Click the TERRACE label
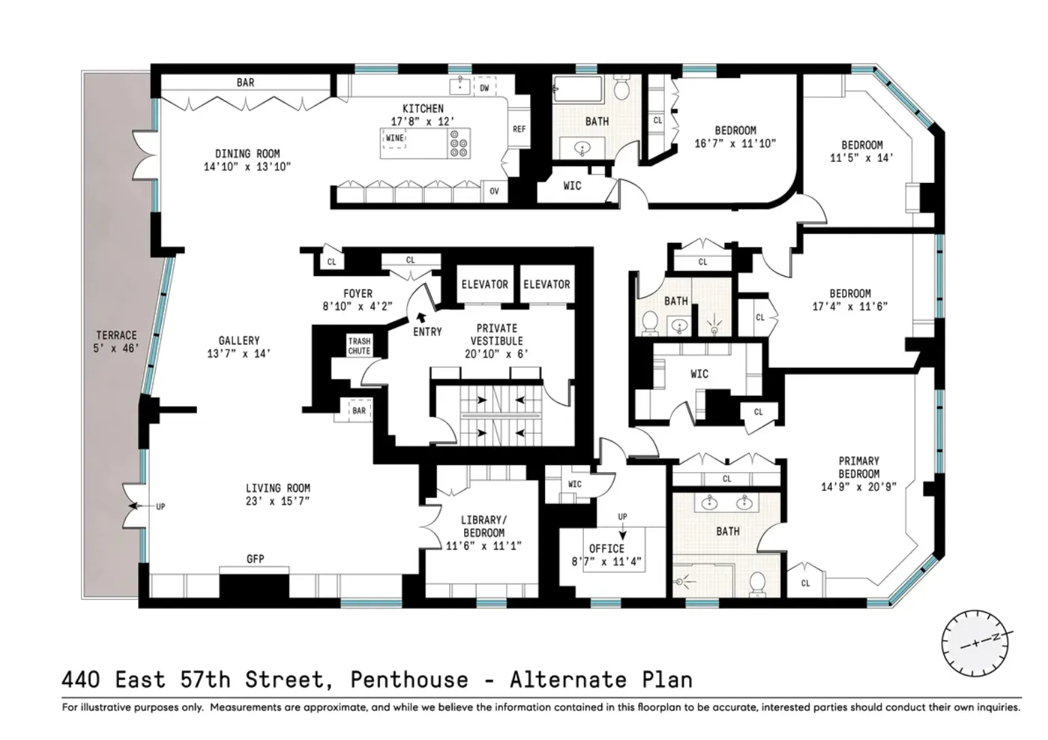point(116,335)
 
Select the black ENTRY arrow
point(421,316)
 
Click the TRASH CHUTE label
point(359,346)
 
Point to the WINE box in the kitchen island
point(394,138)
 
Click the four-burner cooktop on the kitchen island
point(459,144)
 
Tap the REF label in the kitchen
point(519,129)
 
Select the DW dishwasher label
point(485,88)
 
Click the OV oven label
point(494,191)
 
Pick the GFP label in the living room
point(256,559)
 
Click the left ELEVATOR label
point(485,284)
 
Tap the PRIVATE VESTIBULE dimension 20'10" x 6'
point(497,354)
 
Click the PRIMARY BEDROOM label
point(858,467)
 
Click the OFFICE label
point(606,548)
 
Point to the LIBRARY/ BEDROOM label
point(483,526)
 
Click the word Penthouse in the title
point(409,679)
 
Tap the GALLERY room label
point(239,340)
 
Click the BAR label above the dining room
point(245,82)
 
